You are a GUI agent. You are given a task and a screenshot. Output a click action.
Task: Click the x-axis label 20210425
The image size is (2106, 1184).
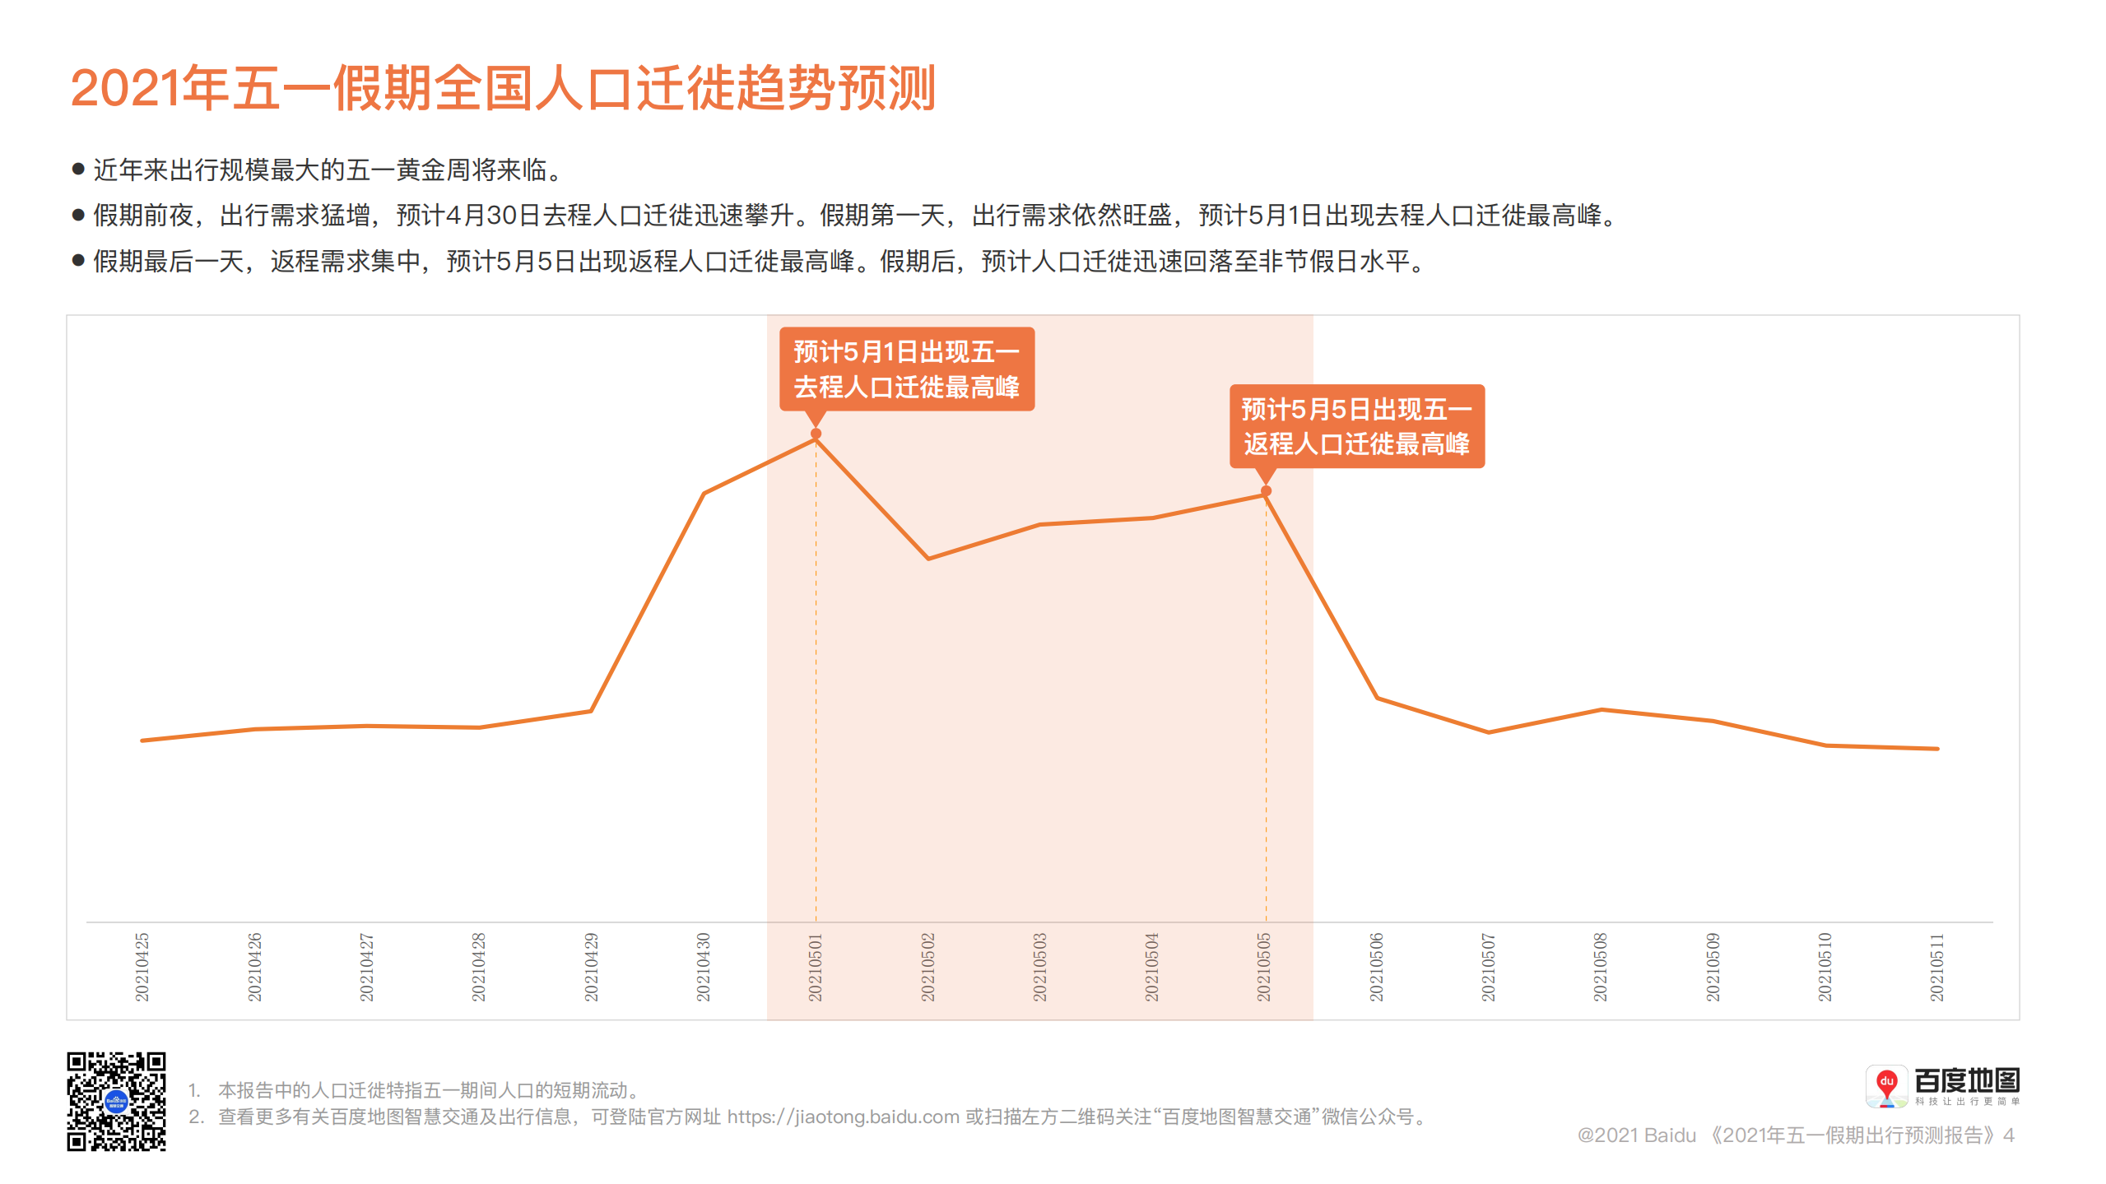[x=142, y=967]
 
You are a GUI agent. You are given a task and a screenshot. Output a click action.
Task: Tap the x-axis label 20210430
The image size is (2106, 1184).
[x=704, y=967]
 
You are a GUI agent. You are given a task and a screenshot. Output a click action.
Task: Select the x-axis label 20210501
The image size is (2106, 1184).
[x=816, y=967]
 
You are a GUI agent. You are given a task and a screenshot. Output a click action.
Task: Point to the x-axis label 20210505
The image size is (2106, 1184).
[x=1264, y=967]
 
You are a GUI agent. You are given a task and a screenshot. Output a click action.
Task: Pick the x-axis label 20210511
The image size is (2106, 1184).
[x=1937, y=967]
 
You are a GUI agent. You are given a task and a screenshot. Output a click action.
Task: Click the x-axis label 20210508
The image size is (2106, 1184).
[x=1601, y=967]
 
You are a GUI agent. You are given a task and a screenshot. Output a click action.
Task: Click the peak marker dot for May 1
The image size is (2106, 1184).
[x=816, y=434]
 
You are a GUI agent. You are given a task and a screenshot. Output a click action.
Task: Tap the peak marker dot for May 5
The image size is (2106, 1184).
[x=1267, y=491]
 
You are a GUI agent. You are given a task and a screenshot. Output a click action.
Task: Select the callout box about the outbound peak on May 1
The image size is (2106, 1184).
[x=906, y=369]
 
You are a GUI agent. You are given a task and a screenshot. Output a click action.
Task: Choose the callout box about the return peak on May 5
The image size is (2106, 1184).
[x=1356, y=426]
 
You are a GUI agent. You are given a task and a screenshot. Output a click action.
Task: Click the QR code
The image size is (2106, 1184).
[x=116, y=1101]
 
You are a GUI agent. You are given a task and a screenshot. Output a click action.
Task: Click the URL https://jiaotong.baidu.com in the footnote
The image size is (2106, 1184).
[x=843, y=1117]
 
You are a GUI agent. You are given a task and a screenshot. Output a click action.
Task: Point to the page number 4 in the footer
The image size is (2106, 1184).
[x=2009, y=1135]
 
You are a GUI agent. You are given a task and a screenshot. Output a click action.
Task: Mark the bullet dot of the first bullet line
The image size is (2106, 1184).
[x=79, y=169]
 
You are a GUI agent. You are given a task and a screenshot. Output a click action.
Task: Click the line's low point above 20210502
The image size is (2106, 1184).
[x=928, y=559]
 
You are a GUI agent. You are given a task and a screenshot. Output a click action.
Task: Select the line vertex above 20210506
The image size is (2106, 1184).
[x=1377, y=698]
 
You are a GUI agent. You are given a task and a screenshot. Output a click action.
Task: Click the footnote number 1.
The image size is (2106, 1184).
[x=193, y=1090]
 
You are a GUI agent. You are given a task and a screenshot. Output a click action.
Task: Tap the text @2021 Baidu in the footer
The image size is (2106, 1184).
[x=1636, y=1135]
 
